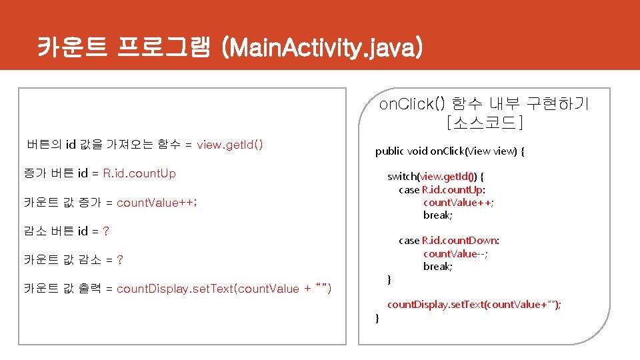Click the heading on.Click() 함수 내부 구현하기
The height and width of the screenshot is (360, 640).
coord(484,104)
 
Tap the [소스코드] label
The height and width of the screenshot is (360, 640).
coord(484,123)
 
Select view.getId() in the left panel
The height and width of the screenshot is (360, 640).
coord(230,145)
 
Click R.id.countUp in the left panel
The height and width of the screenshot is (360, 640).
coord(139,173)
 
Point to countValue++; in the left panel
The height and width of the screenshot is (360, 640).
coord(157,203)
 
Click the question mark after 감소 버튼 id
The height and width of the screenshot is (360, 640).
coord(106,231)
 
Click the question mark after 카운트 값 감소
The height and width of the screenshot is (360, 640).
coord(119,260)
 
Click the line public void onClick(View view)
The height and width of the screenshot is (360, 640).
coord(450,151)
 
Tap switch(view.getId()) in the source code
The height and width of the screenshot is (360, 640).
coord(436,177)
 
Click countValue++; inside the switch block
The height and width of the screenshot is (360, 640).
coord(459,202)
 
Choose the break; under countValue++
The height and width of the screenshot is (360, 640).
coord(437,215)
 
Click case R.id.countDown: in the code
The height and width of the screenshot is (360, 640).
coord(449,240)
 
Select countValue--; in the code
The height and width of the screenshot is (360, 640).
coord(455,253)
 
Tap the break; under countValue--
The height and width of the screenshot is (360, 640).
coord(437,266)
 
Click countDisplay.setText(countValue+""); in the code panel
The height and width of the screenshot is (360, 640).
coord(474,305)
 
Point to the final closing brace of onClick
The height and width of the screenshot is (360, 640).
coord(377,319)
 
